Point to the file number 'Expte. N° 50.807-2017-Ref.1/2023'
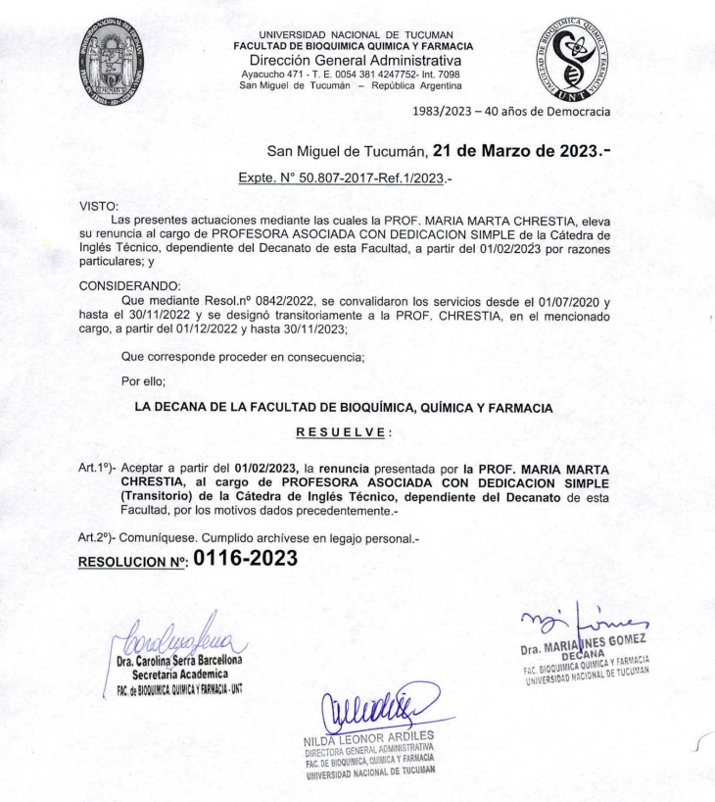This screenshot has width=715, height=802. tap(340, 179)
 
